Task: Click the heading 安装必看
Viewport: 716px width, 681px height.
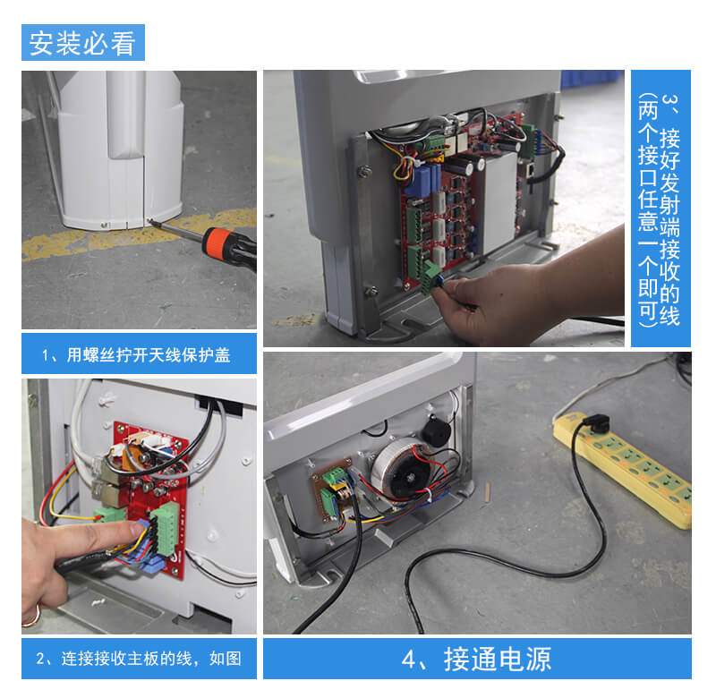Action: (82, 43)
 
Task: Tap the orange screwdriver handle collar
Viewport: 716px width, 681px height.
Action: (215, 242)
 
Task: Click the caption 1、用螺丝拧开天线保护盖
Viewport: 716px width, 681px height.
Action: (136, 355)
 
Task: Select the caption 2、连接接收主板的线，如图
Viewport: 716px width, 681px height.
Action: (139, 658)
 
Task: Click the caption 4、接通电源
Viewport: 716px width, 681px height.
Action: (476, 660)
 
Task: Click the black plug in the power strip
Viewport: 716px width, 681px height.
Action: (595, 422)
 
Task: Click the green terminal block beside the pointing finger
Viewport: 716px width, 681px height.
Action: (166, 530)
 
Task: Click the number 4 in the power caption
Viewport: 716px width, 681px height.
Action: (408, 660)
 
